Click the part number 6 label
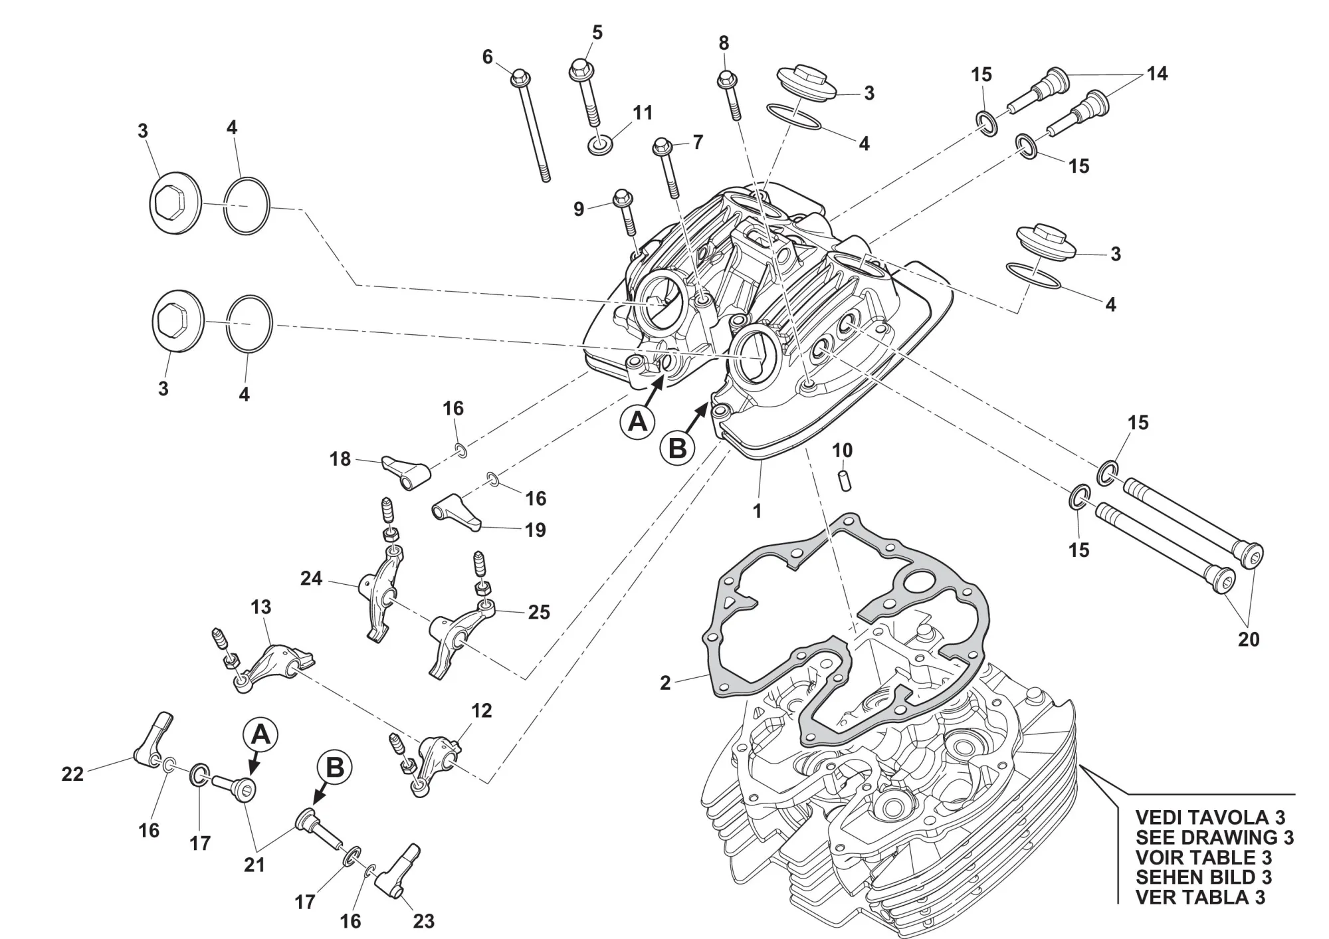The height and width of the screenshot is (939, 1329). tap(488, 57)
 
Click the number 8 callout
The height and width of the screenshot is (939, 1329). tap(724, 43)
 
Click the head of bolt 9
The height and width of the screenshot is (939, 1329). tap(623, 197)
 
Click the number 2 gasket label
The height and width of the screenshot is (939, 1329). tap(665, 682)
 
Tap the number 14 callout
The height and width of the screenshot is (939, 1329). tap(1157, 74)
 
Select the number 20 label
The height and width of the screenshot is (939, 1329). tap(1249, 639)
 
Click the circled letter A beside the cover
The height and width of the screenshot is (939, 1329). tap(637, 421)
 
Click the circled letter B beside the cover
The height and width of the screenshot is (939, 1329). tap(677, 448)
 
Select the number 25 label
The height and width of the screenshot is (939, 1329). tap(539, 612)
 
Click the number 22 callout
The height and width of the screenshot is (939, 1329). tap(72, 774)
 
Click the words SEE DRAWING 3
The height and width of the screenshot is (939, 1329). tap(1215, 837)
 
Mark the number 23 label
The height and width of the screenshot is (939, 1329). tap(423, 921)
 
